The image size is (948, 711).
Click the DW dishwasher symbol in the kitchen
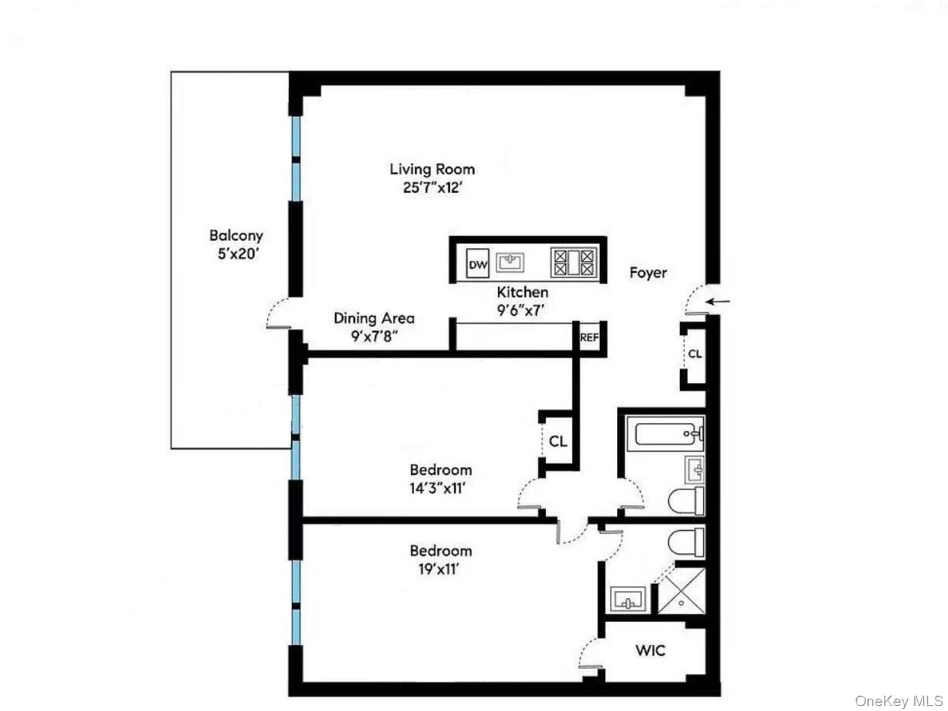(x=478, y=264)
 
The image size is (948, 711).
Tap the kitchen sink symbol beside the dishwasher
(x=510, y=261)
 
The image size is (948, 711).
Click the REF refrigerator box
(x=590, y=338)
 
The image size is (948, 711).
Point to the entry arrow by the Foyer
(x=720, y=302)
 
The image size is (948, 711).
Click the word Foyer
(x=648, y=273)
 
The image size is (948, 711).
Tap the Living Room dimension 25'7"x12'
(x=432, y=188)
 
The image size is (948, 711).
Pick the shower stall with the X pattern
(x=682, y=590)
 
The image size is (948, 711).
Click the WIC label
(x=650, y=651)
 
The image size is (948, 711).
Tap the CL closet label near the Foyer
(x=694, y=354)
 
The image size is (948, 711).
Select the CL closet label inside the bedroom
(x=558, y=441)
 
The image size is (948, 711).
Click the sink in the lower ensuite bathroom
(x=627, y=599)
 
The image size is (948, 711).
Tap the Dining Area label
(x=374, y=318)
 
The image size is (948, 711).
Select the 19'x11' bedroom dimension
(x=438, y=569)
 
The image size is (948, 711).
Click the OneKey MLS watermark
(x=899, y=701)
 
